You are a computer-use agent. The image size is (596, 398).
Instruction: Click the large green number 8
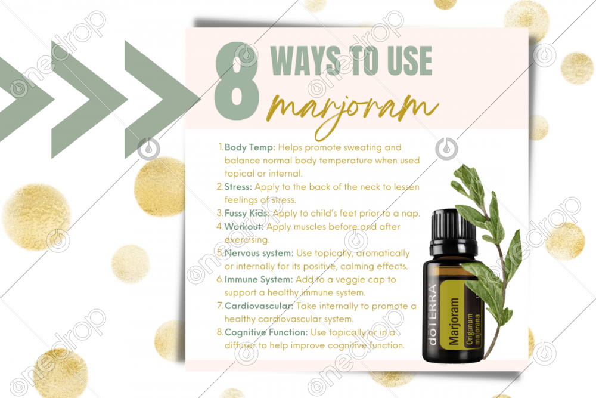(x=237, y=81)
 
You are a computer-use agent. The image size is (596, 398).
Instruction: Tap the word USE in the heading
(x=410, y=61)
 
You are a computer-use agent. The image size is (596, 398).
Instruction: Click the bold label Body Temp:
(x=250, y=147)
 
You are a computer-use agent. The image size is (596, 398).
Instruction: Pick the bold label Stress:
(x=238, y=187)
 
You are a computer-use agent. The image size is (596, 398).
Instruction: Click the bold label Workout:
(x=244, y=226)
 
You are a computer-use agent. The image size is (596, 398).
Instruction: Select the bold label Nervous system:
(x=259, y=253)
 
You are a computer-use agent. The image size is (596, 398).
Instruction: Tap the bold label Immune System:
(x=259, y=280)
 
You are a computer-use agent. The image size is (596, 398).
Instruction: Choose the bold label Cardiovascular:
(x=259, y=306)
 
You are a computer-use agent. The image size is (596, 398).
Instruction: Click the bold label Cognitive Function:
(x=266, y=332)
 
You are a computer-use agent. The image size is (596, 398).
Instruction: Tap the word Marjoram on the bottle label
(x=454, y=322)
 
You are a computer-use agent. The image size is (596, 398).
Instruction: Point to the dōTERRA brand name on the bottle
(x=432, y=314)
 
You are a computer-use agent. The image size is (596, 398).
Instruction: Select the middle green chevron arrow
(x=89, y=100)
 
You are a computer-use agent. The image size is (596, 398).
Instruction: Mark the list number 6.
(x=220, y=280)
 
